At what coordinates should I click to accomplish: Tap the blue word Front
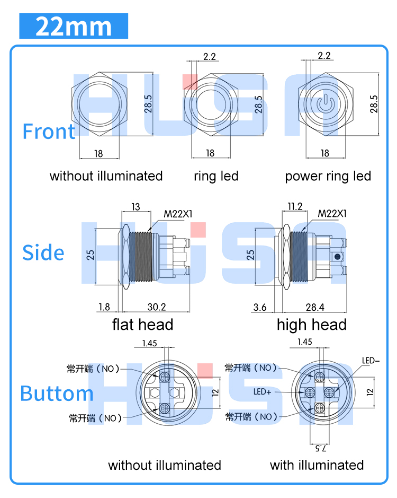tap(49, 131)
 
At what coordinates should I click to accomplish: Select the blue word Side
tap(43, 252)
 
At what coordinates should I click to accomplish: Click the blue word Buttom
tap(57, 394)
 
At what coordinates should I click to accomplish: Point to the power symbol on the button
tap(325, 102)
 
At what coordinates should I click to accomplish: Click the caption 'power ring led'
tap(328, 176)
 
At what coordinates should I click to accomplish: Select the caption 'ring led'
tap(216, 176)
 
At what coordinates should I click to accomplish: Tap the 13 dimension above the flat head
tap(136, 207)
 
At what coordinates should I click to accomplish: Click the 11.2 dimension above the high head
tap(295, 206)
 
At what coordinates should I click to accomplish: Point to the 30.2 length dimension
tap(157, 307)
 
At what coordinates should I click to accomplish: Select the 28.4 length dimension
tap(314, 307)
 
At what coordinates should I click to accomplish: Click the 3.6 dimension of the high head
tap(260, 307)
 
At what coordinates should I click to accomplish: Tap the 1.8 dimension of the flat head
tap(104, 307)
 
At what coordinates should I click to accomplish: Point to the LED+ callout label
tap(262, 392)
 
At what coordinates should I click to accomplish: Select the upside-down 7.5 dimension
tap(320, 448)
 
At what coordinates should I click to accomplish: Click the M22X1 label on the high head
tap(332, 214)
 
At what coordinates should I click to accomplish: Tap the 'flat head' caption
tap(142, 324)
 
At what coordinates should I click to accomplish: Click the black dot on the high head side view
tap(337, 257)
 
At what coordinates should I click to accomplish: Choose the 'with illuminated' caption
tap(317, 465)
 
